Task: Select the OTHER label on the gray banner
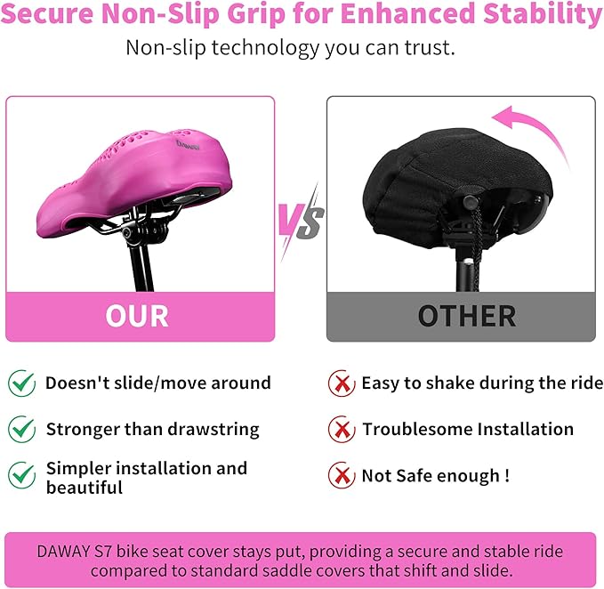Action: pyautogui.click(x=466, y=316)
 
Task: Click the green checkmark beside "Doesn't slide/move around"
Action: pyautogui.click(x=22, y=383)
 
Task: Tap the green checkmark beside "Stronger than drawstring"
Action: pyautogui.click(x=22, y=429)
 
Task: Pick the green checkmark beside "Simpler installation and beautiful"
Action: pyautogui.click(x=22, y=474)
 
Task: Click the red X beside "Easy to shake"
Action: pyautogui.click(x=340, y=383)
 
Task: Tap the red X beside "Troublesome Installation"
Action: pyautogui.click(x=340, y=429)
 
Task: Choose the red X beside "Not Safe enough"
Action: pyautogui.click(x=340, y=475)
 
